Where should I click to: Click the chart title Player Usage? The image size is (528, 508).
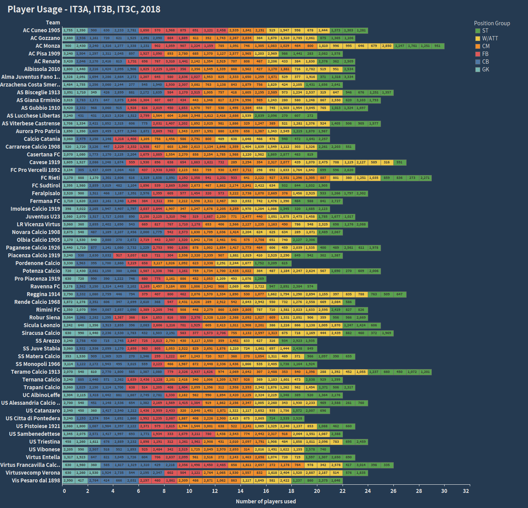click(x=84, y=9)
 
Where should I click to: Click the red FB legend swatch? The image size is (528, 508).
click(x=478, y=54)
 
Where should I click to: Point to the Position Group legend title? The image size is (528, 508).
click(x=492, y=23)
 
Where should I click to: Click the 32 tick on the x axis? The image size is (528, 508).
click(x=466, y=491)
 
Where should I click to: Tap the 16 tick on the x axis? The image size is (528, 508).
click(x=266, y=491)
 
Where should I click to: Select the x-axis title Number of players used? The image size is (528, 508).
click(x=266, y=501)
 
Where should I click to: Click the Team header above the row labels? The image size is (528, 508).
click(x=53, y=23)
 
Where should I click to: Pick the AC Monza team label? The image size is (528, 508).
click(x=48, y=46)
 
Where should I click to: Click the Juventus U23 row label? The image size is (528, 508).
click(x=43, y=217)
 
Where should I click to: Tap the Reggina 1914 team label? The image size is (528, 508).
click(x=43, y=294)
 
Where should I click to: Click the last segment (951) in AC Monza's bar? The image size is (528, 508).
click(x=438, y=46)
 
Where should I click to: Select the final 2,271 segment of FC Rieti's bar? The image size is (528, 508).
click(x=425, y=178)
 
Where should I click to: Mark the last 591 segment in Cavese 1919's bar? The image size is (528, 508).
click(x=399, y=162)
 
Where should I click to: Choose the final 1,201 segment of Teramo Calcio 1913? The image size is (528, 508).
click(x=425, y=372)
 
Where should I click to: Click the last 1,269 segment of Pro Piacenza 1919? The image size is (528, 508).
click(x=260, y=279)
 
